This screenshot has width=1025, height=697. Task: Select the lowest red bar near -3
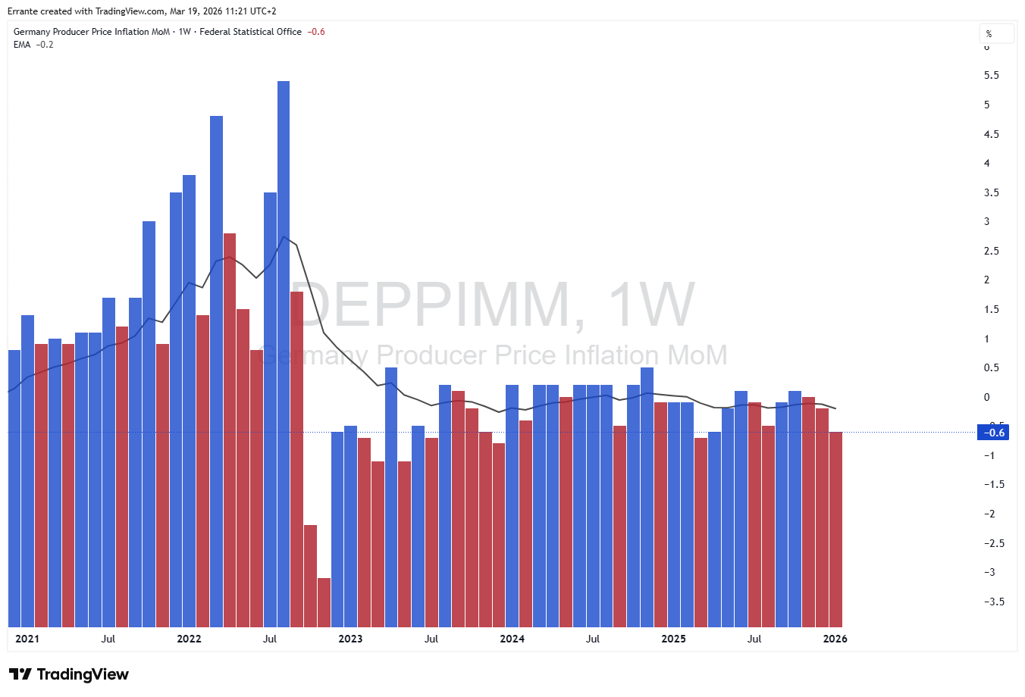click(324, 602)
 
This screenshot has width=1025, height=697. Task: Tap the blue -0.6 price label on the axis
click(993, 433)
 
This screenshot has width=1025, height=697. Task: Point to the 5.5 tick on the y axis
click(991, 76)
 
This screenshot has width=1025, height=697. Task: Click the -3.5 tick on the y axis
click(994, 602)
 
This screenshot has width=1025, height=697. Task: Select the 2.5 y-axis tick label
click(991, 251)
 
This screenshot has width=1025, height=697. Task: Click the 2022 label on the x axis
click(189, 639)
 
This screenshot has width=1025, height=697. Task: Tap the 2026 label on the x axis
click(835, 639)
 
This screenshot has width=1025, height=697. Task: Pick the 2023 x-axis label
click(350, 639)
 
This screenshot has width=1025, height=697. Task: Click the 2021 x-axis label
click(27, 639)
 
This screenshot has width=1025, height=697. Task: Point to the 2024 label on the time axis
click(512, 639)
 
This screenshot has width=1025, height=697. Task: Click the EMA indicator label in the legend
click(22, 45)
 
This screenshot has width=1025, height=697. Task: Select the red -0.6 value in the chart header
click(316, 32)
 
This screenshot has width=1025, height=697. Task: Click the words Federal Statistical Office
click(250, 32)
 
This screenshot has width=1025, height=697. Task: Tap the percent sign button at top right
click(989, 34)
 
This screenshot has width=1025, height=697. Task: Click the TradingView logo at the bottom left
click(69, 674)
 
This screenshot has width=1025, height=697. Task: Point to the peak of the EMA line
click(284, 237)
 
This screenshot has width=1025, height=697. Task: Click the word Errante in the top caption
click(24, 11)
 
